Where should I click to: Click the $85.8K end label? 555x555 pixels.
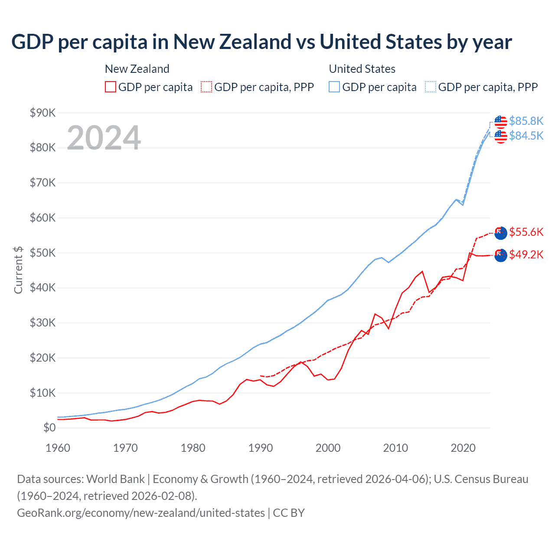pos(526,121)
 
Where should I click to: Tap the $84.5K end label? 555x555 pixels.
pos(526,136)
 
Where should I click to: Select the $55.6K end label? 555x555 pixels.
pos(526,232)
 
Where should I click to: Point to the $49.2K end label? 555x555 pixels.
pos(526,255)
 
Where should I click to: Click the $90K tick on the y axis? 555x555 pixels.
pos(43,113)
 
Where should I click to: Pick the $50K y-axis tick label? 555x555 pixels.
pos(43,253)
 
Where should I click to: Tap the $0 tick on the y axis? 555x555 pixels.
pos(49,428)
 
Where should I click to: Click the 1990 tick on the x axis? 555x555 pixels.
pos(261,448)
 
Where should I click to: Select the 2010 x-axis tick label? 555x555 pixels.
pos(395,448)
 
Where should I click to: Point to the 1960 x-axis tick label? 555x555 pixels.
pos(58,448)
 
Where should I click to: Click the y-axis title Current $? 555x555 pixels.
pos(18,270)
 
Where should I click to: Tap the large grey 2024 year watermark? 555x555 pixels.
pos(104,138)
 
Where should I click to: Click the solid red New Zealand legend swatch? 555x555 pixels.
pos(111,87)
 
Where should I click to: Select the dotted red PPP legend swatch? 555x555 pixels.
pos(206,87)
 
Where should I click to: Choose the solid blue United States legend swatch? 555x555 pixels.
pos(334,87)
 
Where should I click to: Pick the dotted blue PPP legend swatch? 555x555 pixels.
pos(431,87)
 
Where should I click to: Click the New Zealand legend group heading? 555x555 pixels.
pos(137,69)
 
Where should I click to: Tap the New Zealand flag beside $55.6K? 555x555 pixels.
pos(501,232)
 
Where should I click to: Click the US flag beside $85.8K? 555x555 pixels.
pos(501,122)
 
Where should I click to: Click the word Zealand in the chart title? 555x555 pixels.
pos(254,42)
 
